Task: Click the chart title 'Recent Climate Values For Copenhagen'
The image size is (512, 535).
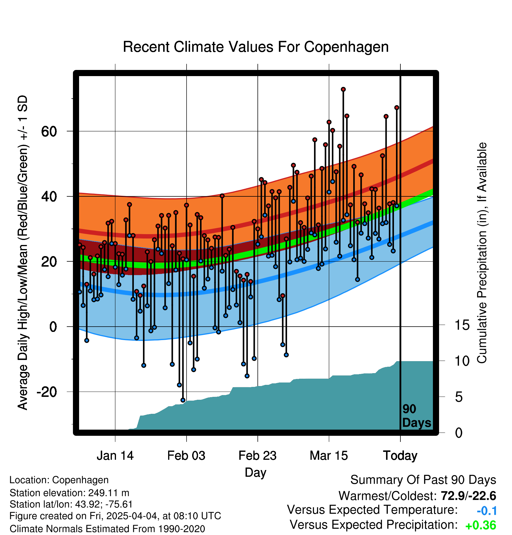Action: (256, 47)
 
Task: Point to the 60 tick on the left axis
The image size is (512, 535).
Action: (49, 131)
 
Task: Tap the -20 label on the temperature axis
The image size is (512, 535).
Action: (47, 392)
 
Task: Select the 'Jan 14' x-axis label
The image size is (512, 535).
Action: (115, 455)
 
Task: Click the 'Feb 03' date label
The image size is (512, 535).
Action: (186, 455)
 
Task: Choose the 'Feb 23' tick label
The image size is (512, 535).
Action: (257, 455)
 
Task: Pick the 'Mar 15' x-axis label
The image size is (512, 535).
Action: (329, 455)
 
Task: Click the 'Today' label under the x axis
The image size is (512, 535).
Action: (400, 456)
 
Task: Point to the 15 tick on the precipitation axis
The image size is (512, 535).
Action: (462, 325)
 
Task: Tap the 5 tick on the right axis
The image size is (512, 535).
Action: (459, 397)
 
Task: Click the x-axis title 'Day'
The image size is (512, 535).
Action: (255, 473)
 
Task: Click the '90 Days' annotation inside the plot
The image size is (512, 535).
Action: (417, 416)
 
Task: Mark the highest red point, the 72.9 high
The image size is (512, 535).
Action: (343, 89)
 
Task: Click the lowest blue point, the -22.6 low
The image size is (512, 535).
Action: (183, 400)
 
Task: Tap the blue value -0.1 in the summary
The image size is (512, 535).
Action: (487, 511)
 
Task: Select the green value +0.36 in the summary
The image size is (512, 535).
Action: (481, 525)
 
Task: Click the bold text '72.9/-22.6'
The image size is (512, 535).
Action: (468, 496)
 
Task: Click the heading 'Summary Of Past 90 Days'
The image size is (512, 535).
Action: (423, 480)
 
